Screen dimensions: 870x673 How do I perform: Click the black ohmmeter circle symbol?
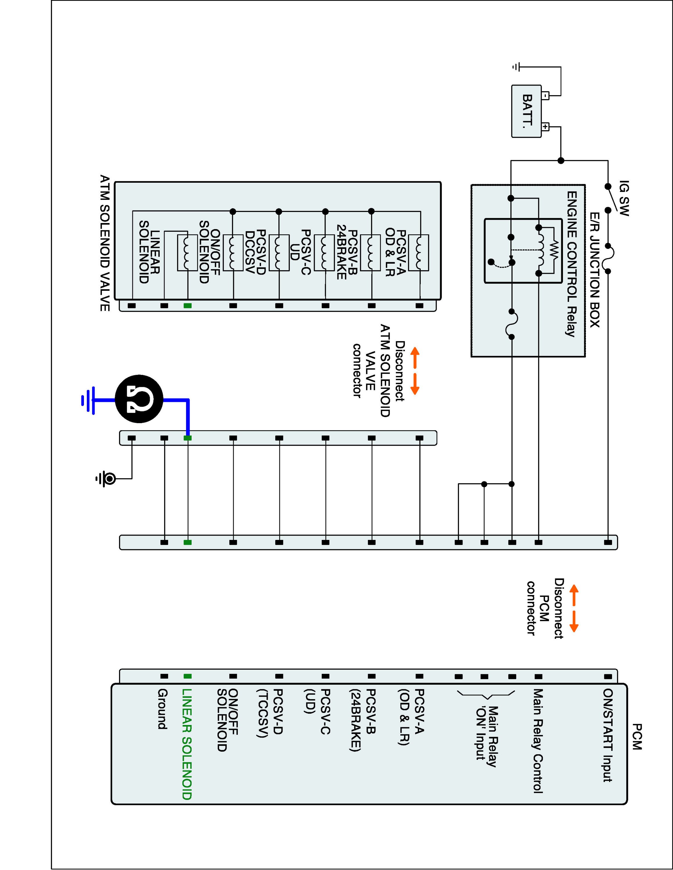click(139, 399)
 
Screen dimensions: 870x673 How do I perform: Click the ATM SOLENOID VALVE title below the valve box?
click(105, 243)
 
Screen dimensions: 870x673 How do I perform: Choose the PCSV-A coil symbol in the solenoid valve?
click(419, 253)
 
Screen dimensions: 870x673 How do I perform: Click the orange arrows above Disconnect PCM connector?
click(574, 608)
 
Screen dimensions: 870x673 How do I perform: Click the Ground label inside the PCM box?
click(162, 709)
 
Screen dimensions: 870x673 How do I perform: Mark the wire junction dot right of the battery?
click(561, 161)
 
